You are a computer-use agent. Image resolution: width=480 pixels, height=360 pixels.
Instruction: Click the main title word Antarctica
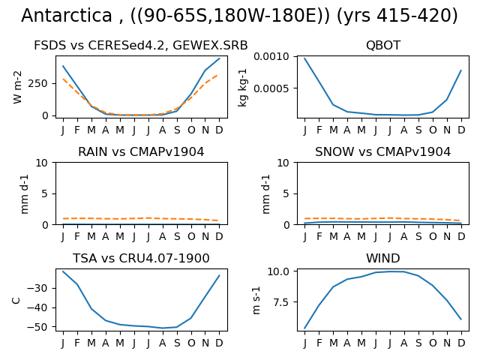pyautogui.click(x=67, y=15)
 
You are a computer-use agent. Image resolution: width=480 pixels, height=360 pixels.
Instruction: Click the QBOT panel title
pyautogui.click(x=383, y=45)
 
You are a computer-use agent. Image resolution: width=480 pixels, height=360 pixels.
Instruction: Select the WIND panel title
pyautogui.click(x=383, y=258)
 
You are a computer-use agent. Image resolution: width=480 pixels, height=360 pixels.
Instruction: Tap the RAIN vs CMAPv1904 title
pyautogui.click(x=141, y=151)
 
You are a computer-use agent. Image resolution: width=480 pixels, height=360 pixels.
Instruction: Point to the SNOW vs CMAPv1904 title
pyautogui.click(x=383, y=151)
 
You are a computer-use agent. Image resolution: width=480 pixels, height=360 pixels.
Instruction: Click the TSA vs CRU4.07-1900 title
pyautogui.click(x=141, y=258)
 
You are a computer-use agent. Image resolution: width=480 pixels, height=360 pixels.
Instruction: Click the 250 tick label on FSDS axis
pyautogui.click(x=38, y=83)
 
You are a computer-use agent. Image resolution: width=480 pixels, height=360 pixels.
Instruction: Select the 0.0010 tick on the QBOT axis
pyautogui.click(x=271, y=57)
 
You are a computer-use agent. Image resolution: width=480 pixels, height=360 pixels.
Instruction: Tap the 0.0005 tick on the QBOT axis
pyautogui.click(x=271, y=88)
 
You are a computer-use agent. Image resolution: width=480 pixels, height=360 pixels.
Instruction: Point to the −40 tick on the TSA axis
pyautogui.click(x=37, y=307)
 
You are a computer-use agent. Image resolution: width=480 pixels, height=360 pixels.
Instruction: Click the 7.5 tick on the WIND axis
pyautogui.click(x=281, y=302)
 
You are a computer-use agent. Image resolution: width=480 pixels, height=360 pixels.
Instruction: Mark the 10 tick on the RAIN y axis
pyautogui.click(x=42, y=163)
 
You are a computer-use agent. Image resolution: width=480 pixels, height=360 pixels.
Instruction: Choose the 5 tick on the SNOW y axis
pyautogui.click(x=286, y=193)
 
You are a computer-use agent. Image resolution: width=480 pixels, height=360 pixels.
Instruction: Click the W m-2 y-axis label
pyautogui.click(x=17, y=87)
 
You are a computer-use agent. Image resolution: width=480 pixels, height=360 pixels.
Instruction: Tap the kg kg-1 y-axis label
pyautogui.click(x=242, y=87)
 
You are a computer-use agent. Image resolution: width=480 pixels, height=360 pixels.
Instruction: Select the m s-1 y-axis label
pyautogui.click(x=256, y=300)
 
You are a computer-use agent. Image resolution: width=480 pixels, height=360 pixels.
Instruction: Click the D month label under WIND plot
pyautogui.click(x=461, y=343)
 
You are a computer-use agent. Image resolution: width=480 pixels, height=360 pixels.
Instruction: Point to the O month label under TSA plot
pyautogui.click(x=191, y=343)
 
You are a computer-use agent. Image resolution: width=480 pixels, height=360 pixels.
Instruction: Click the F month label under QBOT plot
pyautogui.click(x=319, y=130)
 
